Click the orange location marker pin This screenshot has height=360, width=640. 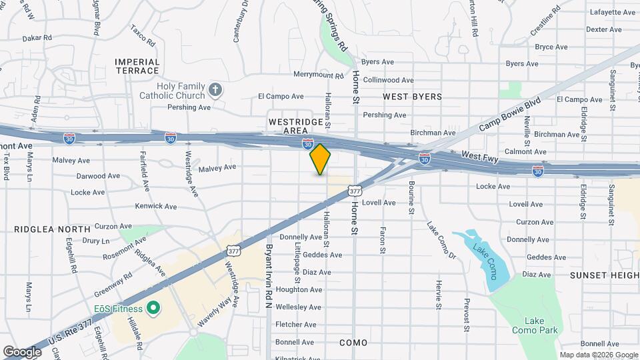(x=320, y=159)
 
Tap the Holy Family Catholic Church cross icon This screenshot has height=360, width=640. (x=215, y=89)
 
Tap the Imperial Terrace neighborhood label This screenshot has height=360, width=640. (x=137, y=66)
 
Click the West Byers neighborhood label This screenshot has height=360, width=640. (x=412, y=97)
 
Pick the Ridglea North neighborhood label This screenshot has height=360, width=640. (x=52, y=229)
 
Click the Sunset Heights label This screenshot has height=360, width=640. (x=604, y=275)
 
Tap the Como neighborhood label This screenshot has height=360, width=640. (x=353, y=343)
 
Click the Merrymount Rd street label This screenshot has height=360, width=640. (x=318, y=76)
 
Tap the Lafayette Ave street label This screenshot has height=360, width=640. (x=612, y=12)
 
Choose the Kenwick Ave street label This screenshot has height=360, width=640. (x=156, y=206)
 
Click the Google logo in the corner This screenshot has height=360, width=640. (x=22, y=351)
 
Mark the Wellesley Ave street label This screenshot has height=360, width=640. (x=299, y=307)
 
